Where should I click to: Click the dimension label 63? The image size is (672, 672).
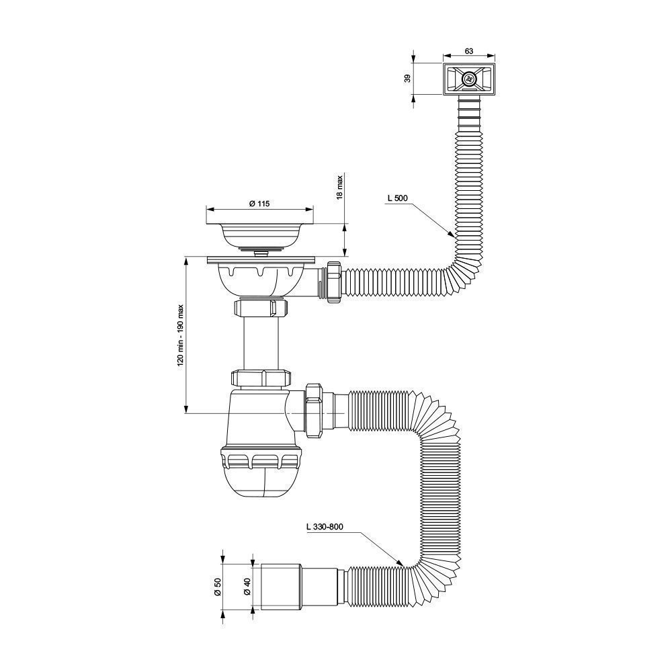click(468, 51)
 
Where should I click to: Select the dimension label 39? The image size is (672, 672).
click(408, 79)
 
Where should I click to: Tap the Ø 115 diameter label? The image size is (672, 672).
click(259, 204)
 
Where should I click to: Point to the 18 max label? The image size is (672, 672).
click(339, 187)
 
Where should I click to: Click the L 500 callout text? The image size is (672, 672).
click(397, 198)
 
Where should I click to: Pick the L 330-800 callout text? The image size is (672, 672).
click(325, 527)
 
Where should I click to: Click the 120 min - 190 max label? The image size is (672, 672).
click(180, 335)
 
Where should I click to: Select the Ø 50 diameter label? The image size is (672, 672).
click(218, 586)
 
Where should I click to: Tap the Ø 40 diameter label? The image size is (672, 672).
click(247, 586)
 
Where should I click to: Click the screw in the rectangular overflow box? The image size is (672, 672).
click(469, 79)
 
